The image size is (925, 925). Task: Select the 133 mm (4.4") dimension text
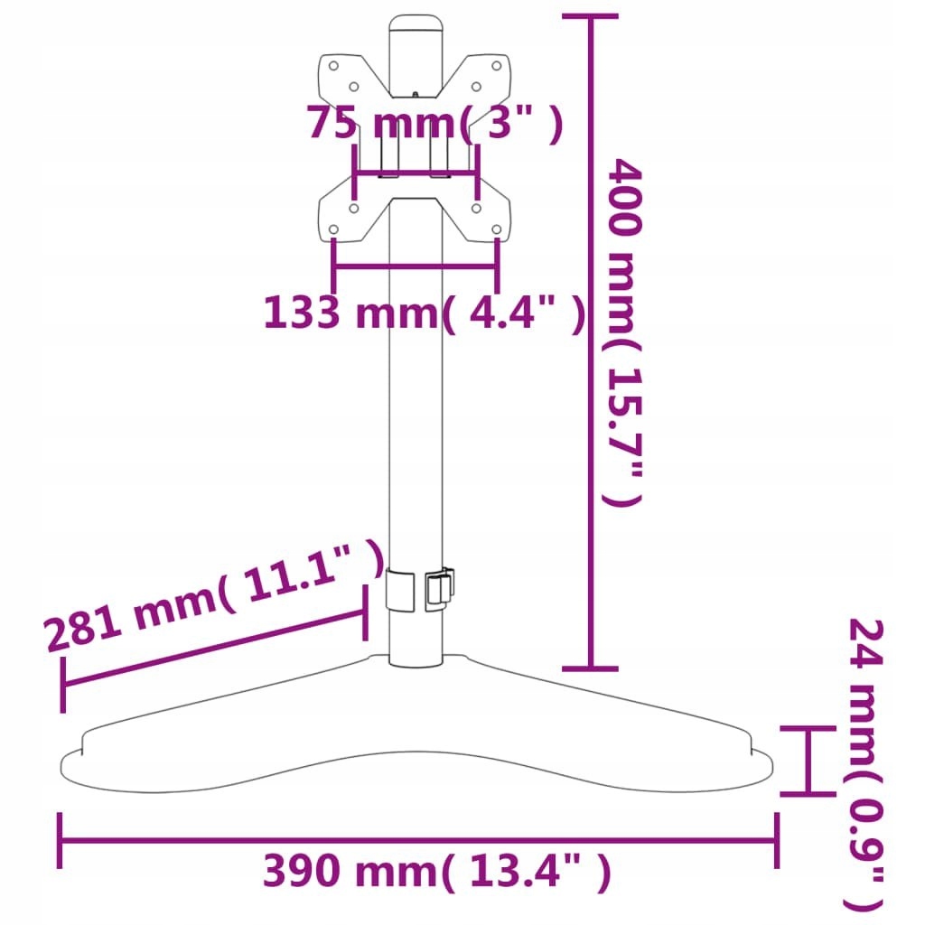tap(425, 312)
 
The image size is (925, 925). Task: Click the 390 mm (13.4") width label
tap(436, 871)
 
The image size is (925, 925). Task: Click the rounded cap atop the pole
tap(416, 26)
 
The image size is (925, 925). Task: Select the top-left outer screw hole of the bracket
tap(333, 66)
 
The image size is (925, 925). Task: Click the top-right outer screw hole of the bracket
tap(497, 66)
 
